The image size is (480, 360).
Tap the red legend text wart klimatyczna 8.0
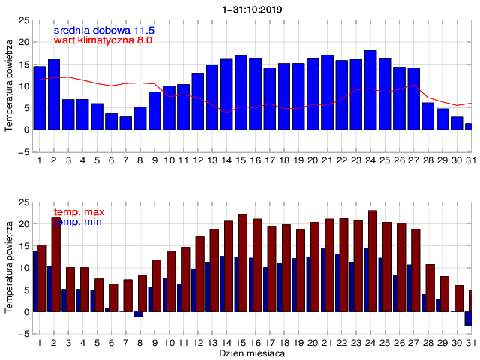coord(103,40)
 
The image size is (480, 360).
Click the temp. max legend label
coord(78,212)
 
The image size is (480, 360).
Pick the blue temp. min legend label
coord(78,222)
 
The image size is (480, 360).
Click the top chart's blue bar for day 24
coord(370,90)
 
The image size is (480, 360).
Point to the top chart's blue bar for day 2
coord(54,94)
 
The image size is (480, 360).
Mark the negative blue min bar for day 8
coord(138,314)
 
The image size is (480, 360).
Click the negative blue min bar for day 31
coord(468,319)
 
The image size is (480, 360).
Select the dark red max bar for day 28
coord(430,288)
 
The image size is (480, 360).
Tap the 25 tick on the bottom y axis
coord(24,202)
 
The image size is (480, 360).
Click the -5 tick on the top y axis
coord(24,152)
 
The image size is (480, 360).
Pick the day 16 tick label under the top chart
coord(256,160)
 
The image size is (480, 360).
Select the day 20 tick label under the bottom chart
coord(314,342)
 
